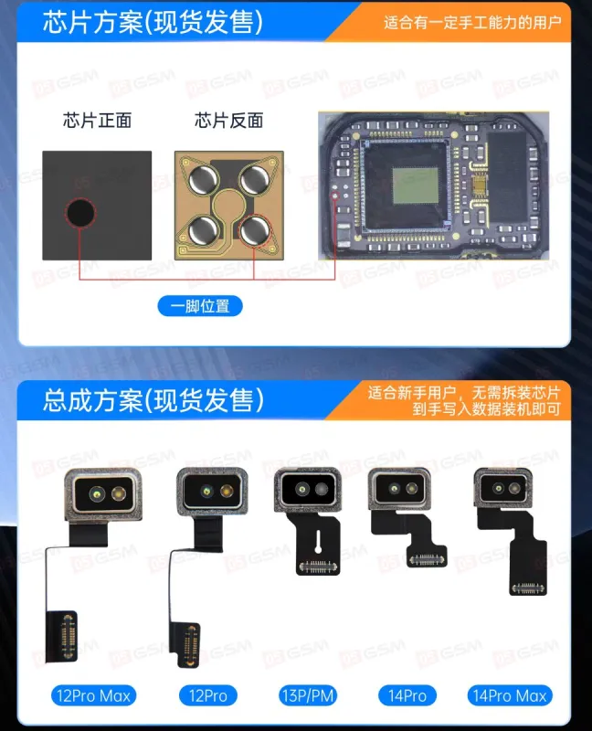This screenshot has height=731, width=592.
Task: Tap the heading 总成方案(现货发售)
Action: tap(153, 400)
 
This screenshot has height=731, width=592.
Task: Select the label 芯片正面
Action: tap(97, 121)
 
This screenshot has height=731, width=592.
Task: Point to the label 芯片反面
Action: tap(228, 121)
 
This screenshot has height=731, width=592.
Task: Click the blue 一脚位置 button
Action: tap(200, 306)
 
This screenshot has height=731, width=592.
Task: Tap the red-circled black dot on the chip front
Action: tap(79, 214)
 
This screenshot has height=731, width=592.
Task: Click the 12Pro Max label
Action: tap(92, 696)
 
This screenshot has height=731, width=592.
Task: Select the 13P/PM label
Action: tap(308, 696)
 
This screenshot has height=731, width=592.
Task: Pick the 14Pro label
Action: tap(407, 696)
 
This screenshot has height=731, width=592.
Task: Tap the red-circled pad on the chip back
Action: tap(258, 228)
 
